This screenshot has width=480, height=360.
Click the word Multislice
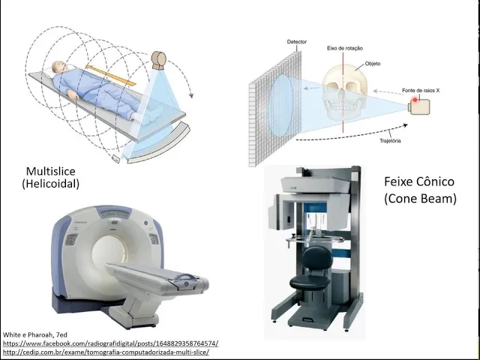51,171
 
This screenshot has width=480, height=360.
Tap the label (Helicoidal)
51,184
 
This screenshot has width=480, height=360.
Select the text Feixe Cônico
419,181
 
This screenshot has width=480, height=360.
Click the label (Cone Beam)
420,199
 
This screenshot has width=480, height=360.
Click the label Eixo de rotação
345,47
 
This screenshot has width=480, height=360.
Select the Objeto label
373,64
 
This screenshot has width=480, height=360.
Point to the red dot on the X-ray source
412,100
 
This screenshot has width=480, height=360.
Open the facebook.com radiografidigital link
110,343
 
